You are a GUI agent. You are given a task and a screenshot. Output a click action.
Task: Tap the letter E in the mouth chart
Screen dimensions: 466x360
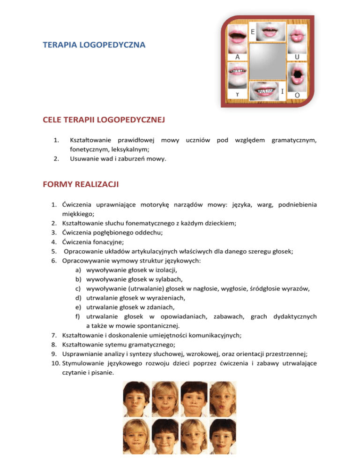(253, 32)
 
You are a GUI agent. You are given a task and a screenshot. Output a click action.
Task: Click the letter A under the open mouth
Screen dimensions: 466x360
(237, 57)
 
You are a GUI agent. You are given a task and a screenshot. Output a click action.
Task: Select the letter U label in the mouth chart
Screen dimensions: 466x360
(297, 57)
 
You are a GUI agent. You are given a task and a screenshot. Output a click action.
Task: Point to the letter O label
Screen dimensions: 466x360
(297, 95)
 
